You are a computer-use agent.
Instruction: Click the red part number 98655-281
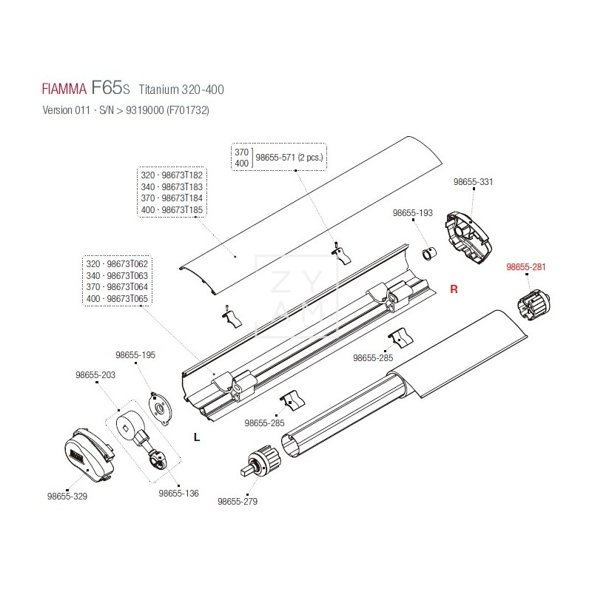pos(525,268)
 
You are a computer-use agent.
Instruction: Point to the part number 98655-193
pos(412,213)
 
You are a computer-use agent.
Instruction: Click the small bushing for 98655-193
pos(430,255)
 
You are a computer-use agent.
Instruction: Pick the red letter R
pos(454,290)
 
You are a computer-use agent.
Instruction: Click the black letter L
pos(196,437)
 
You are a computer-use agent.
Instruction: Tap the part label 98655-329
pos(67,497)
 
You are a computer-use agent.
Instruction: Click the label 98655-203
pos(95,375)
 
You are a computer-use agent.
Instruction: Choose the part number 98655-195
pos(135,355)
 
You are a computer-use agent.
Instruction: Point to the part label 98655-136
pos(178,493)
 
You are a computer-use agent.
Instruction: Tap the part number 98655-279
pos(238,502)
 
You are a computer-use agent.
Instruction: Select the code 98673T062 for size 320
pos(127,264)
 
